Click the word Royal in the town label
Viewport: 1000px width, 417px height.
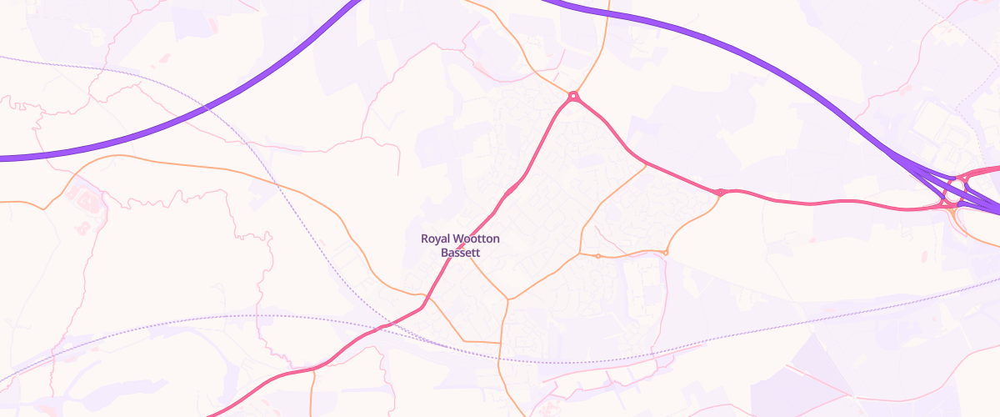[x=437, y=239]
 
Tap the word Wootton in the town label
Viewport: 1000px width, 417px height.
[x=477, y=239]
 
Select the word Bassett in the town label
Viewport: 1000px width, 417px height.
[x=460, y=252]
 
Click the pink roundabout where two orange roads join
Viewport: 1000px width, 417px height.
[x=573, y=96]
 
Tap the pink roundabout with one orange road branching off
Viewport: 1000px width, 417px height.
[x=720, y=193]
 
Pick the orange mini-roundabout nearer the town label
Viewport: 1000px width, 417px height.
[x=598, y=255]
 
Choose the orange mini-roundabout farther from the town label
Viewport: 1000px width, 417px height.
[x=666, y=252]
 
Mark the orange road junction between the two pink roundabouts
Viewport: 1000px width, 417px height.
[x=646, y=165]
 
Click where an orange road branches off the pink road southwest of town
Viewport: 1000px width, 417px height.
[x=313, y=368]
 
